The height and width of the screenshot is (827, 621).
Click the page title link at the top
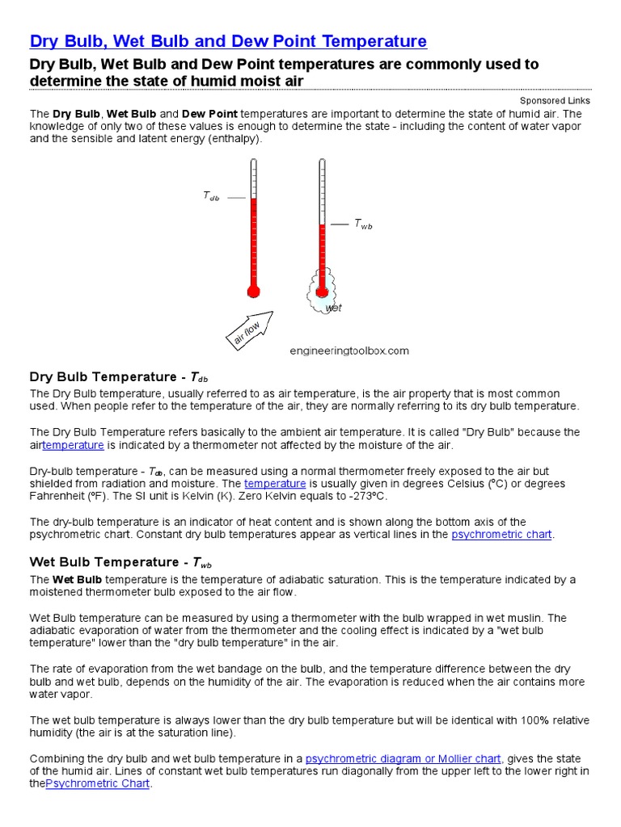click(x=228, y=41)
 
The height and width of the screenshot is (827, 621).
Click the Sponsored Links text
click(x=555, y=101)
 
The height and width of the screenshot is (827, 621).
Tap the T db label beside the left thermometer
click(x=210, y=196)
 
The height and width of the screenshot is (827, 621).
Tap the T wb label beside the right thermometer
click(x=363, y=225)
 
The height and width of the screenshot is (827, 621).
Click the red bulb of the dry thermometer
click(x=253, y=292)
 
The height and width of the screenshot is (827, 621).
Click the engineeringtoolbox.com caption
click(x=349, y=351)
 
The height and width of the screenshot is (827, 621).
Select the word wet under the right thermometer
click(x=333, y=309)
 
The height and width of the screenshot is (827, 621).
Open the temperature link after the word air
click(x=73, y=445)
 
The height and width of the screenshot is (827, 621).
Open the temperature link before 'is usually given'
click(x=275, y=484)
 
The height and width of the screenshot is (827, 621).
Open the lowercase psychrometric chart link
click(x=502, y=535)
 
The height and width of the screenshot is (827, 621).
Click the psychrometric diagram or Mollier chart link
click(x=403, y=758)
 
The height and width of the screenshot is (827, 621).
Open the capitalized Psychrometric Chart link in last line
click(x=98, y=784)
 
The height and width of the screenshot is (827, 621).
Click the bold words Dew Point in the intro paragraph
click(x=209, y=114)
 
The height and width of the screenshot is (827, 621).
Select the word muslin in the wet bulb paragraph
click(x=526, y=618)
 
